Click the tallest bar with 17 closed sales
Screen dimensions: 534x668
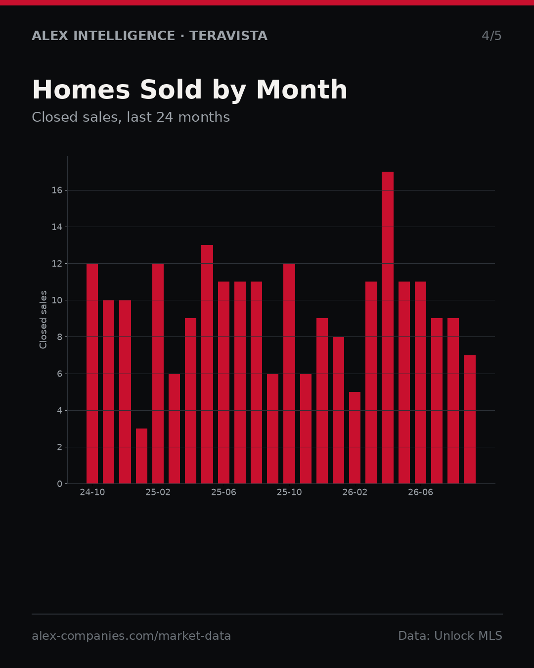tap(388, 328)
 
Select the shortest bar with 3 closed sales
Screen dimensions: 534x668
tap(141, 456)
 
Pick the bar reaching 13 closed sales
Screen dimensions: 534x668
tap(207, 364)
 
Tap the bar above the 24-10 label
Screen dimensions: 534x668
tap(92, 374)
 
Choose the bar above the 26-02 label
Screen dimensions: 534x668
tap(355, 438)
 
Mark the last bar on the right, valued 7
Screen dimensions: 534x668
tap(469, 420)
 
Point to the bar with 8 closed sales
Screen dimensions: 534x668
tap(338, 410)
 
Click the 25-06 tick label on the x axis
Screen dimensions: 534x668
tap(223, 492)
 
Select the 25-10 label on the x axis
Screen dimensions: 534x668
tap(289, 492)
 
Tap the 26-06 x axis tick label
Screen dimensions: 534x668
tap(420, 492)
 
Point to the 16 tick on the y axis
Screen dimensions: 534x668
tap(57, 191)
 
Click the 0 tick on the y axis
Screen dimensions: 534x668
tap(59, 484)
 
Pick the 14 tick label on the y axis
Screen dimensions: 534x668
tap(57, 227)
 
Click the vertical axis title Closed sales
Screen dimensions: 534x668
tap(43, 320)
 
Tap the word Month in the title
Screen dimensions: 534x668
tap(302, 90)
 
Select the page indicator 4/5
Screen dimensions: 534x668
tap(491, 36)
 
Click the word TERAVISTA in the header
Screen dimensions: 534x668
tap(228, 36)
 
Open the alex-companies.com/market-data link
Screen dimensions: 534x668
tap(131, 636)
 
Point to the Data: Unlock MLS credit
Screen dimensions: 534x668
tap(450, 636)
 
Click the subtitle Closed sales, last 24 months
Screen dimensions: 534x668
tap(131, 117)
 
